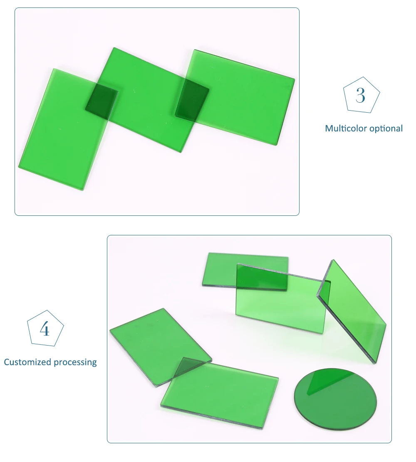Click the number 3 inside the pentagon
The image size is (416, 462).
(361, 95)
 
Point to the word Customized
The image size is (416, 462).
(27, 362)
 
